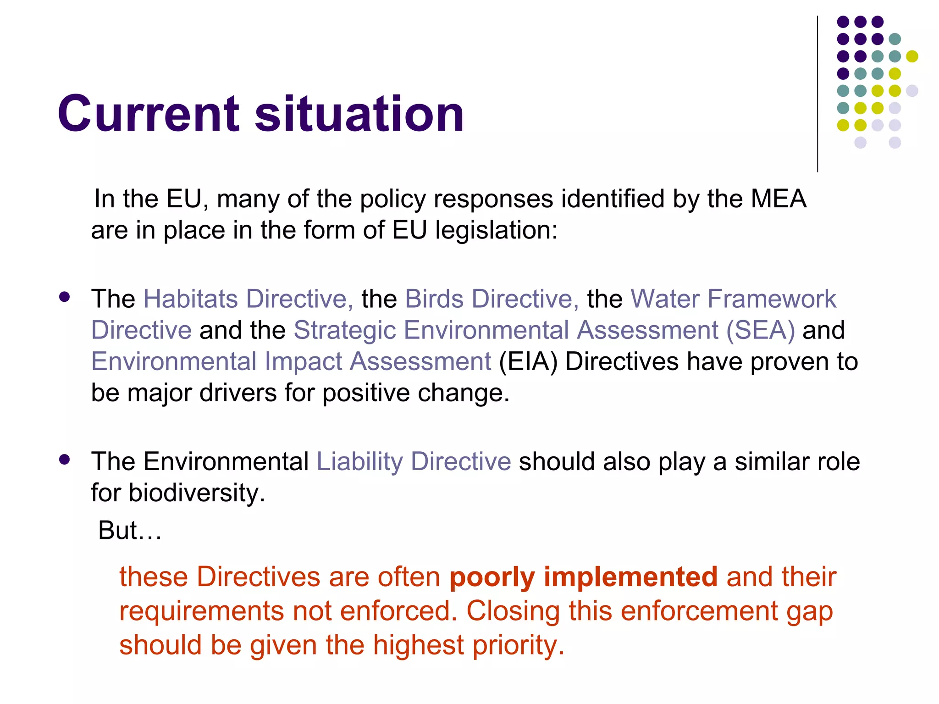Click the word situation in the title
(x=359, y=114)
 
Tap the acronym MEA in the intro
(x=778, y=199)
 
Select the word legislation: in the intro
(x=496, y=230)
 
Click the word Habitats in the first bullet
(x=191, y=299)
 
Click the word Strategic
(x=344, y=330)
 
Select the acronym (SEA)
(x=760, y=330)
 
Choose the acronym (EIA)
(x=528, y=362)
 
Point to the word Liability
(x=359, y=461)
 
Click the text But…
(x=130, y=531)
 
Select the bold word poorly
(x=492, y=577)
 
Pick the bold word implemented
(x=630, y=577)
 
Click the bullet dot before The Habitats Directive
(x=65, y=297)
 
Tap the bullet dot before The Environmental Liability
(x=65, y=460)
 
